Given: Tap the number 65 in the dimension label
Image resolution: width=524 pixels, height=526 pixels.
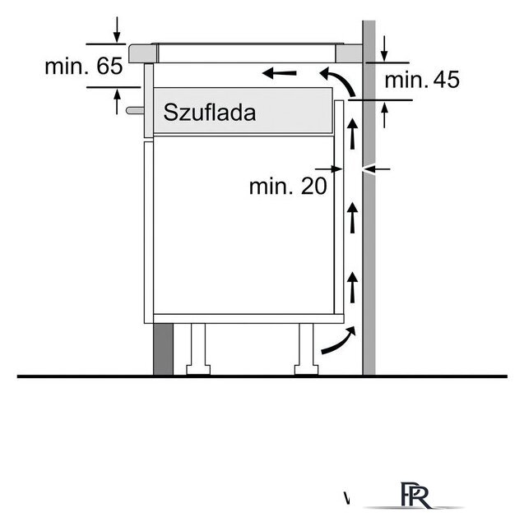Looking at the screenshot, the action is click(x=109, y=66).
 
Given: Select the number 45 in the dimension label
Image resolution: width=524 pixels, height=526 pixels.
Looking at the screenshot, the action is click(x=446, y=80).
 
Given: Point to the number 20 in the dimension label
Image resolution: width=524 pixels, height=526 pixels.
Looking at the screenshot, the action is click(x=313, y=186).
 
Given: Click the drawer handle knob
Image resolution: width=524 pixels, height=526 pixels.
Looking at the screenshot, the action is click(x=135, y=110).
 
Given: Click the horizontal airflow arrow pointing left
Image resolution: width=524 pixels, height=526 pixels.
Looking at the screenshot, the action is click(x=280, y=72).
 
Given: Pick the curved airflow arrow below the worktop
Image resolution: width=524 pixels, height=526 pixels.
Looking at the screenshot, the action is click(x=338, y=81).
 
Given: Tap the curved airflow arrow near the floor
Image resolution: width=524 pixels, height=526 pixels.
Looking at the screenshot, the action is click(x=338, y=340).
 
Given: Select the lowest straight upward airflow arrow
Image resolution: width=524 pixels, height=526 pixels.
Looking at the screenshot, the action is click(x=352, y=287).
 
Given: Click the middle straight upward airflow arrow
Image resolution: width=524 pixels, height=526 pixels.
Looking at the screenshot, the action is click(x=352, y=218).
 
